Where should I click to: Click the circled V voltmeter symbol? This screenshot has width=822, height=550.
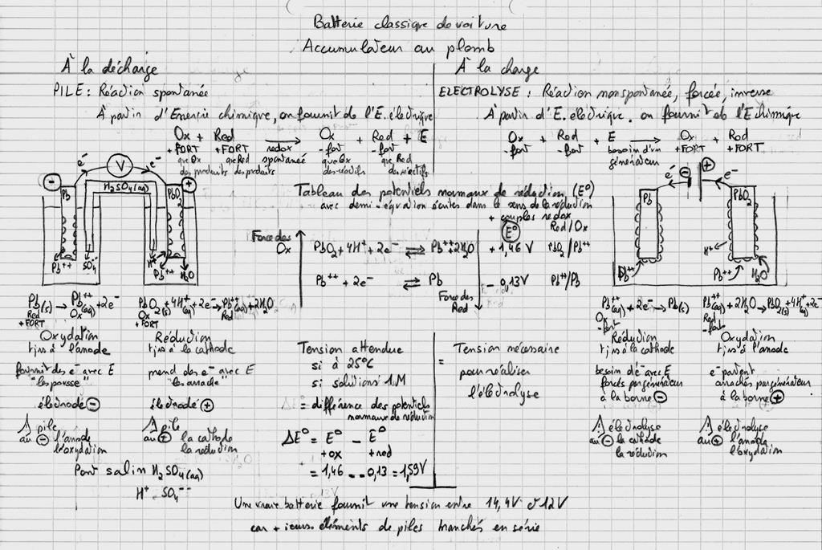(x=120, y=166)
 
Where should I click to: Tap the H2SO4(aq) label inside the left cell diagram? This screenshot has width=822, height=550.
(x=126, y=188)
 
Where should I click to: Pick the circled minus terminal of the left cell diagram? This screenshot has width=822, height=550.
(x=50, y=181)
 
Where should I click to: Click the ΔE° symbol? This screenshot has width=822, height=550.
(x=295, y=439)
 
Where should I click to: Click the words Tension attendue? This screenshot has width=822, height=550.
(x=351, y=349)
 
